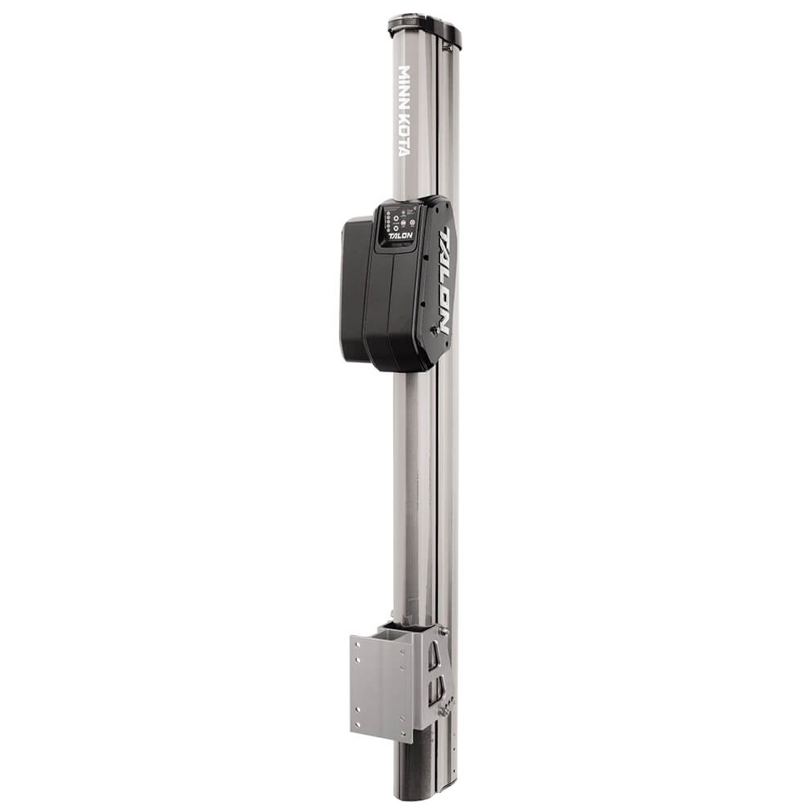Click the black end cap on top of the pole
424,30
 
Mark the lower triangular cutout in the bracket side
436,690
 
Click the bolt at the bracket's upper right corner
443,630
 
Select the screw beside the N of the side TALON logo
434,330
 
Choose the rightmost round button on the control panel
413,222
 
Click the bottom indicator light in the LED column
388,229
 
